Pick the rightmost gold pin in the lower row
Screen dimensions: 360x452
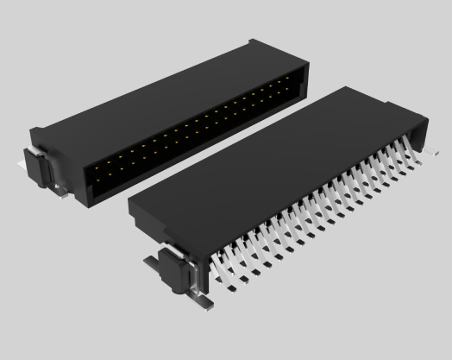[x=292, y=94]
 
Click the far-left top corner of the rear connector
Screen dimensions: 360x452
[x=33, y=129]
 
